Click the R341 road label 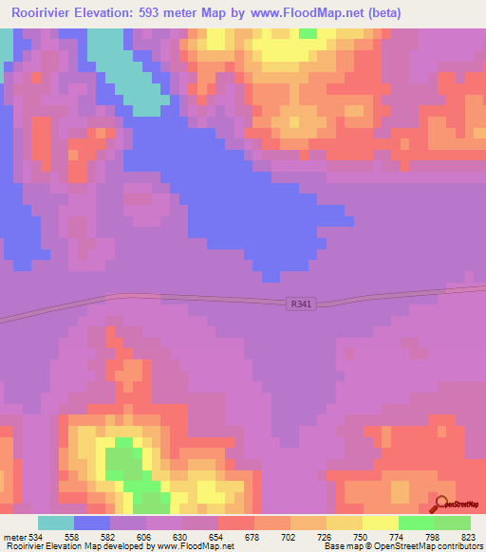coord(300,304)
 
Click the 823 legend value coord(468,536)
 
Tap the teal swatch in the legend coord(56,523)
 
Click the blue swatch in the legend coord(92,523)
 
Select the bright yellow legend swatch coord(381,523)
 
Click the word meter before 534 coord(14,536)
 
